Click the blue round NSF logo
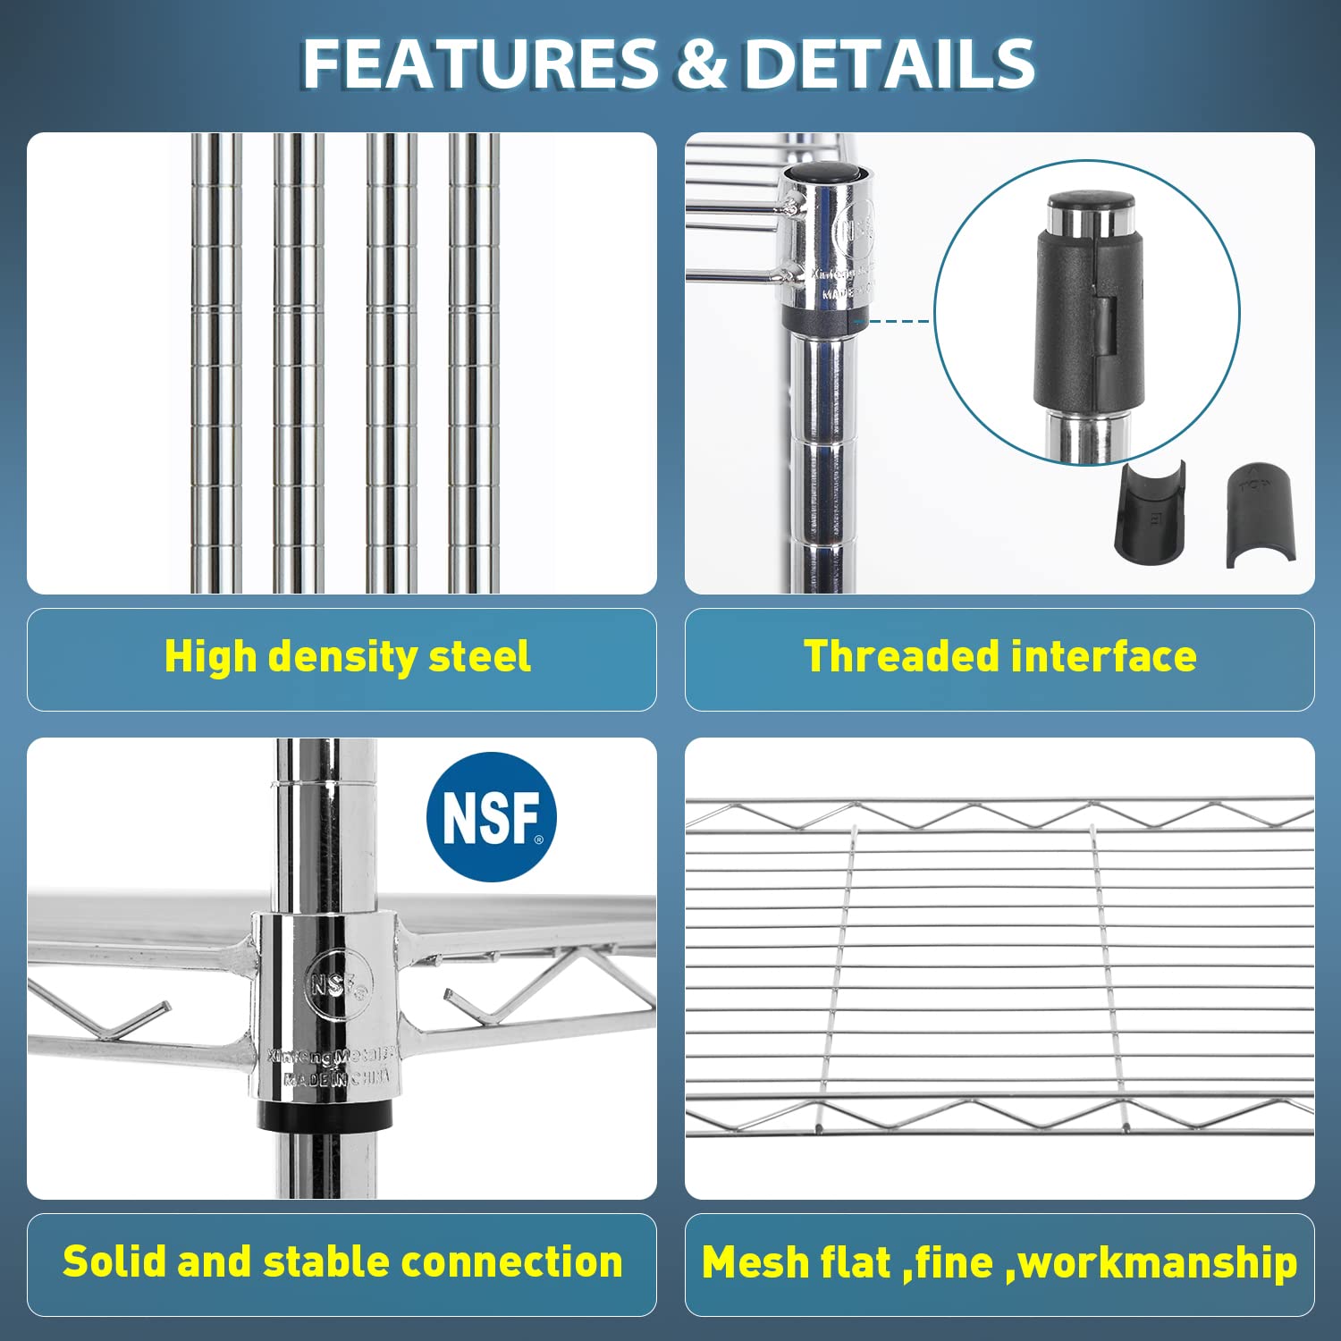coord(491,817)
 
